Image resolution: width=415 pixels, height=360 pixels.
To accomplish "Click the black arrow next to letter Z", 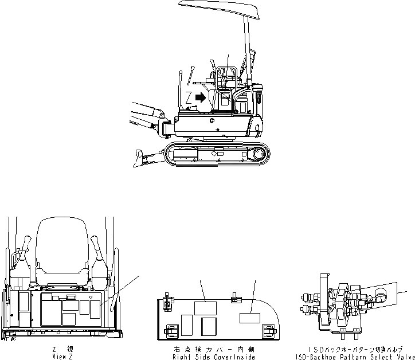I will tap(200, 97).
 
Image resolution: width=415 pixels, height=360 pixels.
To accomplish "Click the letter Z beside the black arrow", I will tap(189, 97).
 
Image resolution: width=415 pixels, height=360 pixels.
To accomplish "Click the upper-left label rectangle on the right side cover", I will tap(204, 308).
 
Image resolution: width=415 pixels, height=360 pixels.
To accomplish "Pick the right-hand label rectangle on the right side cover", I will tap(250, 319).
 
